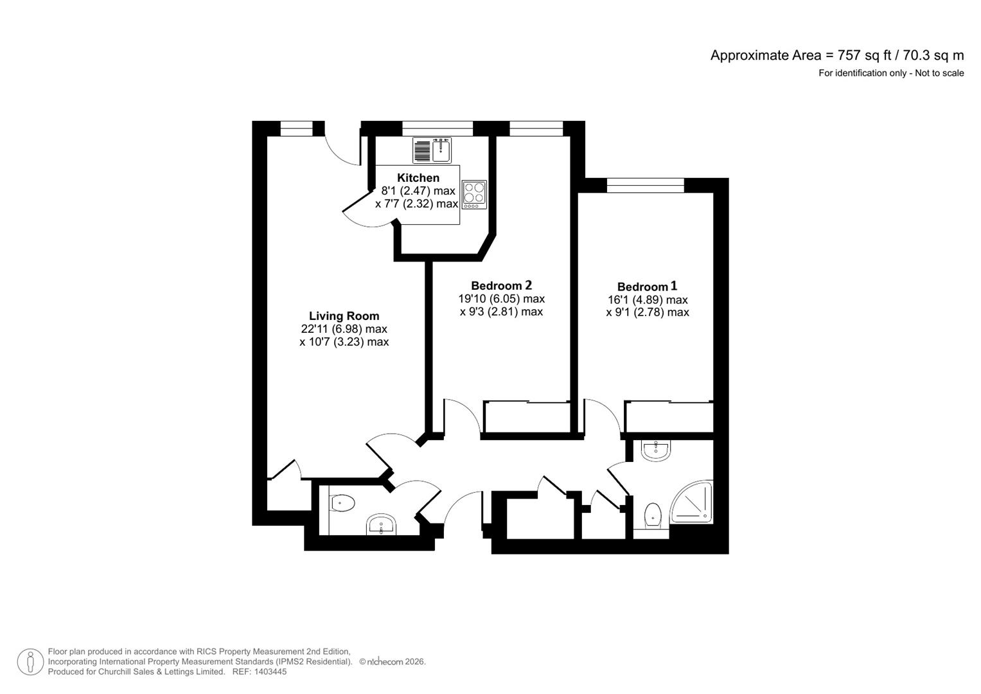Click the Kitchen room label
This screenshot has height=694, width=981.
pyautogui.click(x=418, y=178)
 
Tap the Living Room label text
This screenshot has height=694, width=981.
pyautogui.click(x=344, y=316)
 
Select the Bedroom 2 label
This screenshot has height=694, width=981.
pyautogui.click(x=501, y=285)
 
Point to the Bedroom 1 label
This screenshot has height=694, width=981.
pyautogui.click(x=647, y=287)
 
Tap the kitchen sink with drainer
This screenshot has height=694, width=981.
pyautogui.click(x=432, y=150)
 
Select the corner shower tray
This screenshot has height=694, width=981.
pyautogui.click(x=693, y=501)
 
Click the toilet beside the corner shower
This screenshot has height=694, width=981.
pyautogui.click(x=652, y=515)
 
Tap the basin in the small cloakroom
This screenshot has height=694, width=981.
pyautogui.click(x=382, y=525)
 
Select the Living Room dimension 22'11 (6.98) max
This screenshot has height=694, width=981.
pyautogui.click(x=344, y=329)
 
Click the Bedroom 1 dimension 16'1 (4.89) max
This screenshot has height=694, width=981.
pyautogui.click(x=648, y=300)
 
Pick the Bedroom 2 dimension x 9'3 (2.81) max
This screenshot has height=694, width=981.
pyautogui.click(x=501, y=312)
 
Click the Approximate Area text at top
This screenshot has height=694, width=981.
pyautogui.click(x=836, y=55)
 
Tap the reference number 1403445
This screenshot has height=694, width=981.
pyautogui.click(x=270, y=672)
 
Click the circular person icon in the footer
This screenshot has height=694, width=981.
pyautogui.click(x=30, y=662)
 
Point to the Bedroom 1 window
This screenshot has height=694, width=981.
pyautogui.click(x=645, y=186)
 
